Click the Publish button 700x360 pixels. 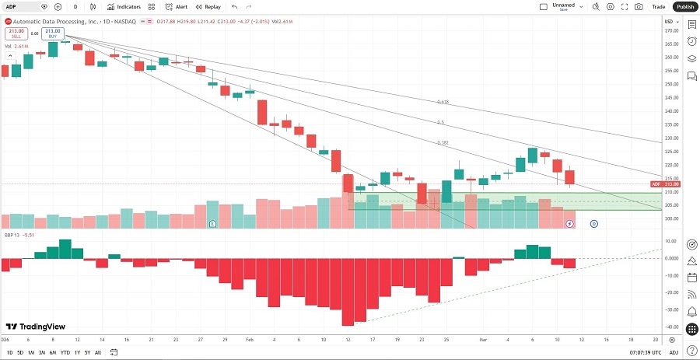click(x=684, y=6)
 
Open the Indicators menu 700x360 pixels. click(x=124, y=6)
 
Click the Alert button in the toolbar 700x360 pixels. click(x=177, y=6)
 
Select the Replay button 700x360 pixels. click(x=208, y=6)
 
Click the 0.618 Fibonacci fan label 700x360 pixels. click(x=443, y=102)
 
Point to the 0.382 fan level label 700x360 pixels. click(x=443, y=142)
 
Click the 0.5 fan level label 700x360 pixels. click(x=440, y=122)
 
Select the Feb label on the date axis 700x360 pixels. click(x=249, y=340)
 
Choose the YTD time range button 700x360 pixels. click(x=65, y=352)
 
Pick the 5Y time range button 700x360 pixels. click(x=87, y=352)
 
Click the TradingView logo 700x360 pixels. click(x=35, y=327)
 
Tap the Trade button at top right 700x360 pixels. click(x=659, y=6)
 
